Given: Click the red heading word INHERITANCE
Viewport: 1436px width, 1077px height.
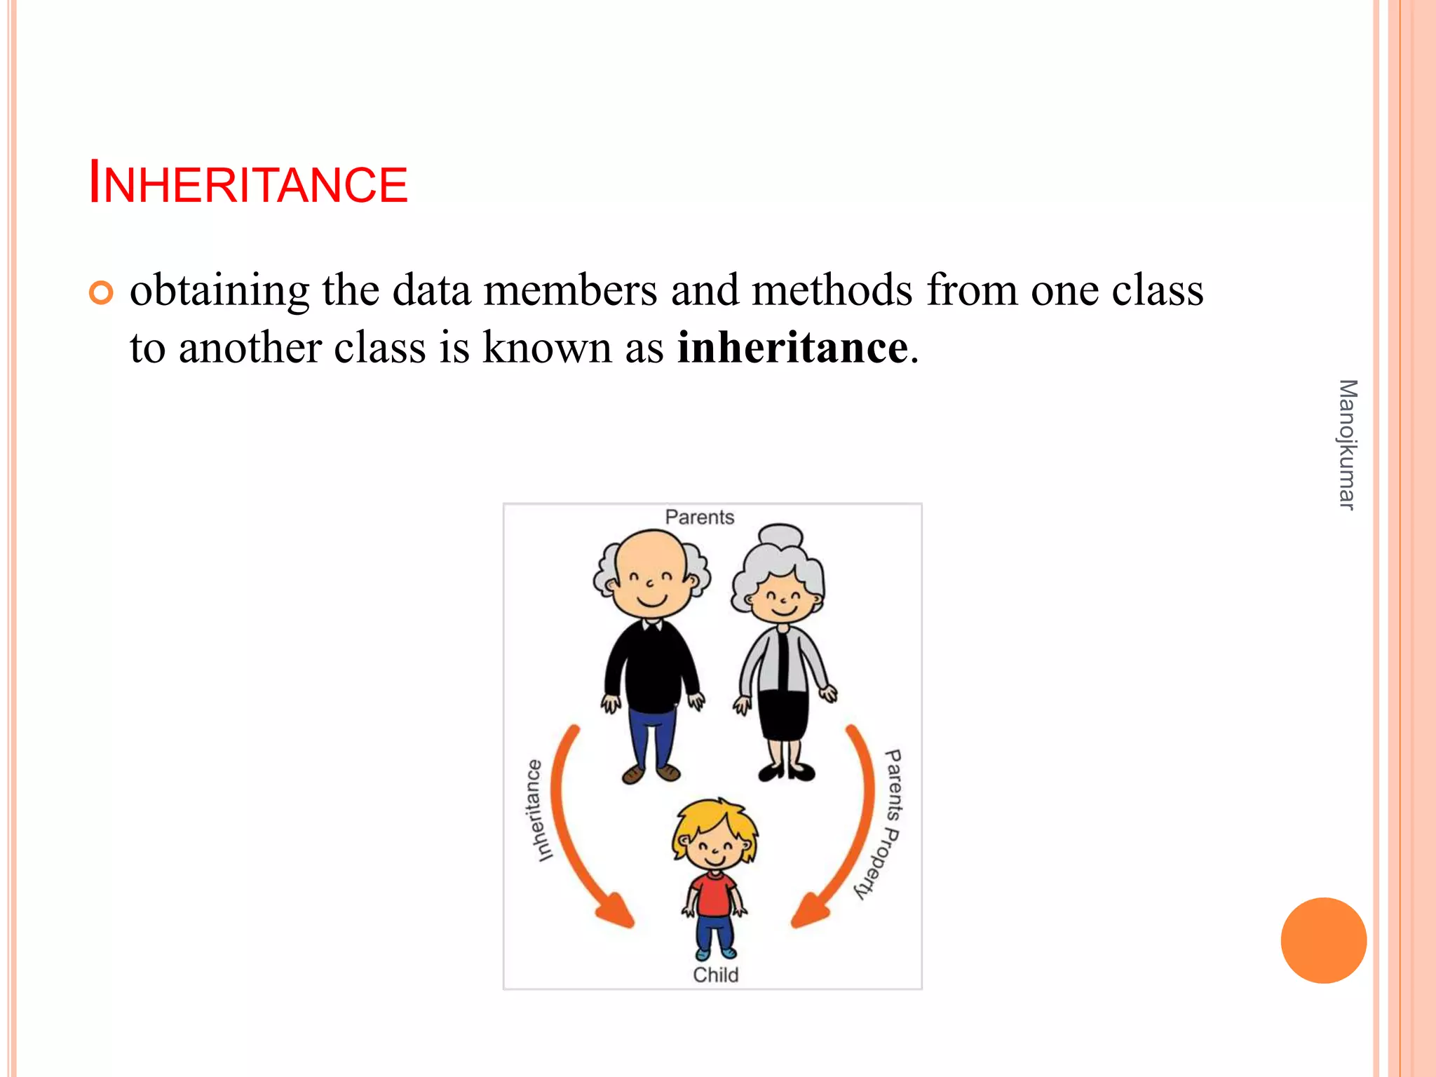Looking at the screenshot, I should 248,184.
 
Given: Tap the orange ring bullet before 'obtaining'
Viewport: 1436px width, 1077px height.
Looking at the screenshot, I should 101,292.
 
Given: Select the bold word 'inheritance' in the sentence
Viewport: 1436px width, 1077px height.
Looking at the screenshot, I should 792,347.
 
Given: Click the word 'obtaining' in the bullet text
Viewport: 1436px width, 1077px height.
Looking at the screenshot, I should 219,291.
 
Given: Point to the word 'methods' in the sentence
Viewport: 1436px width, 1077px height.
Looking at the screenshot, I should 832,290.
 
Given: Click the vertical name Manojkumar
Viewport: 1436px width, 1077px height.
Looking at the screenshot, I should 1347,445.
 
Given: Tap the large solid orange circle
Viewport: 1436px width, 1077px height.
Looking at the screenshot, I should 1323,940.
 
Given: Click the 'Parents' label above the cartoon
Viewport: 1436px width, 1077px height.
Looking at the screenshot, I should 699,517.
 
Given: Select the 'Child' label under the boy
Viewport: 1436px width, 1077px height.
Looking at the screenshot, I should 715,975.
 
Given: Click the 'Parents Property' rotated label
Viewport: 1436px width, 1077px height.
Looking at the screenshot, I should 885,824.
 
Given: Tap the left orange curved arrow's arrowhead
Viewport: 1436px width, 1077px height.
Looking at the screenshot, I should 617,912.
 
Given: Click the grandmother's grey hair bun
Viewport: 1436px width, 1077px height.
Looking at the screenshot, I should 780,536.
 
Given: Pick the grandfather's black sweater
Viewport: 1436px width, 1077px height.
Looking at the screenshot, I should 652,666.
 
